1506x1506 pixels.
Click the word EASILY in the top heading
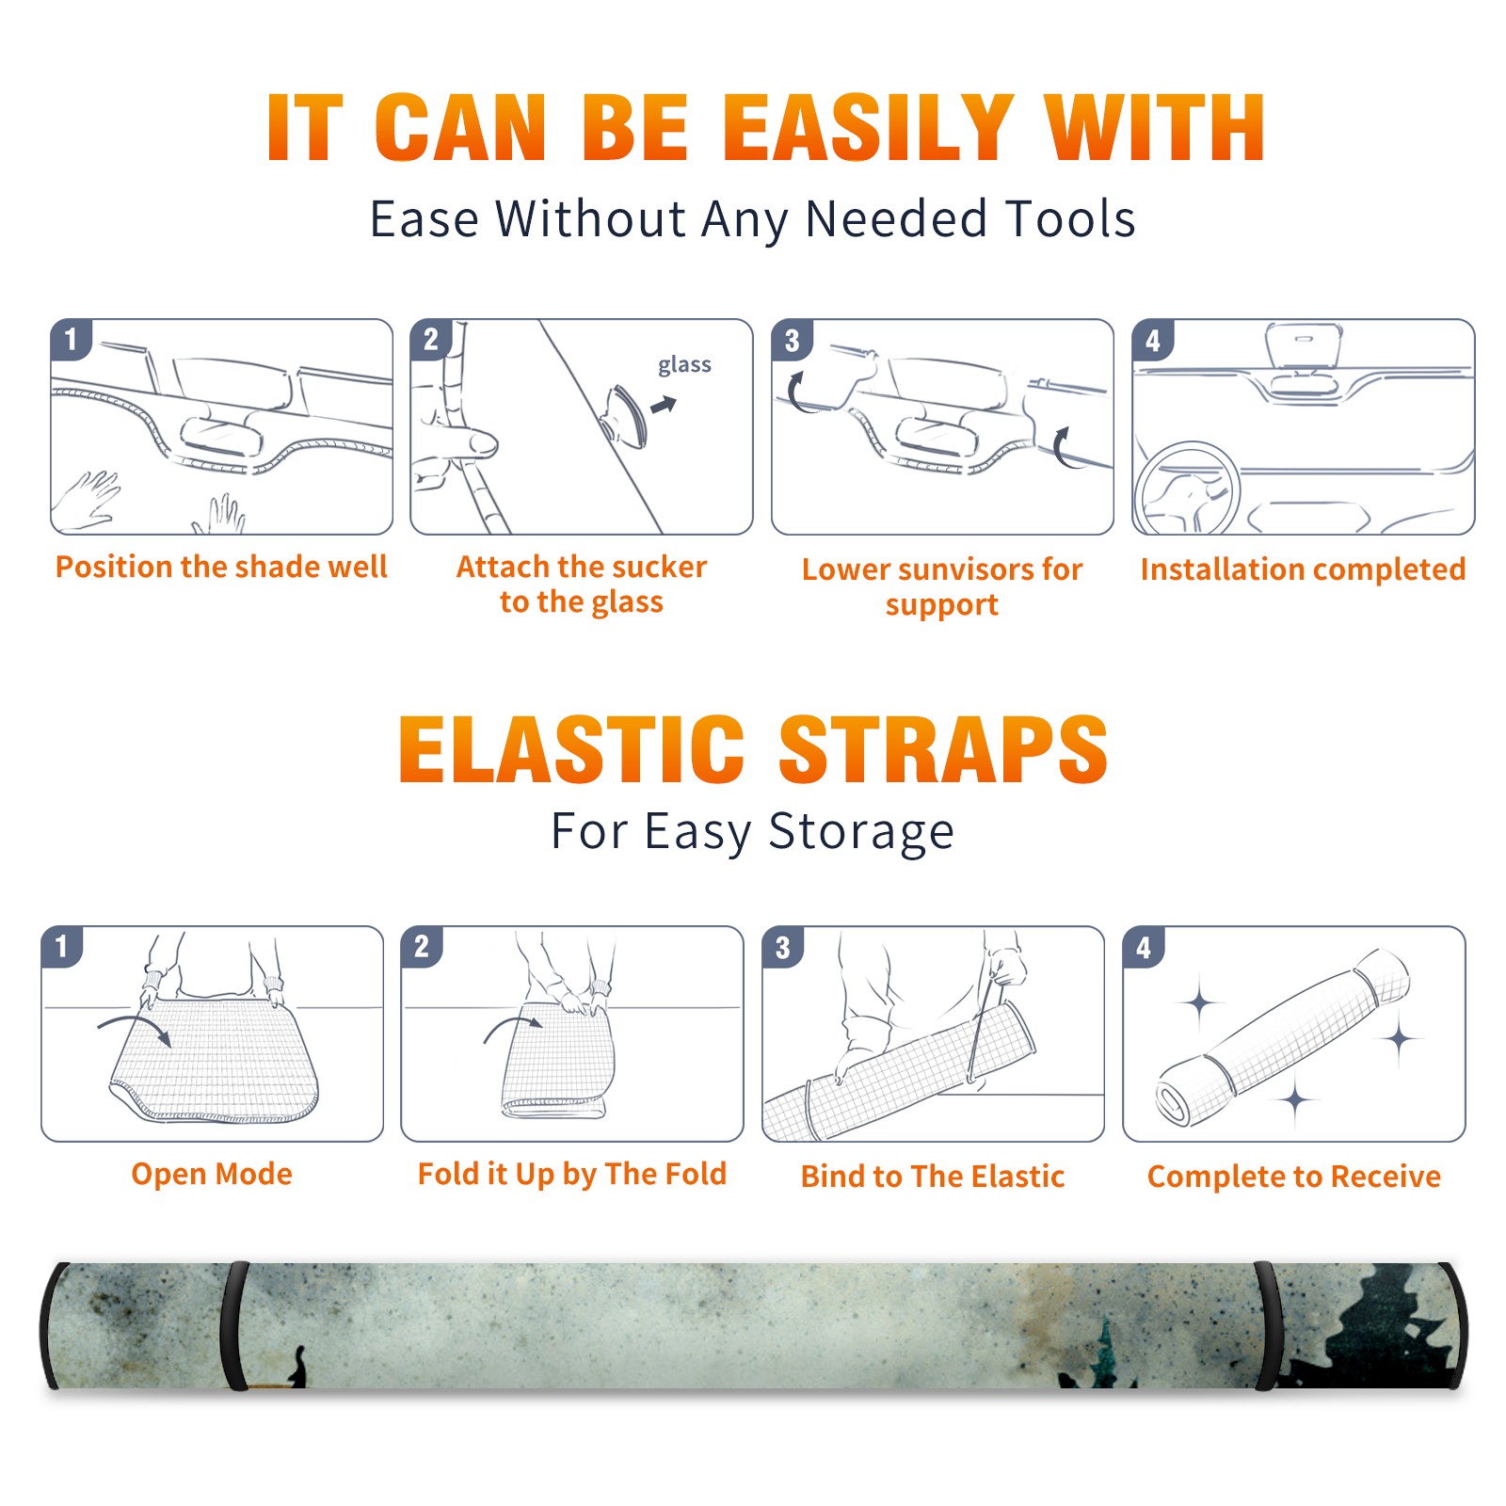tap(868, 128)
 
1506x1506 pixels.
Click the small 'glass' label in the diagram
tap(684, 365)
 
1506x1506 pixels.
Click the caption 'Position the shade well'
tap(221, 567)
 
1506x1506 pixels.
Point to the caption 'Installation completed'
tap(1303, 569)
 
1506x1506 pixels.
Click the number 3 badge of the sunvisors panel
tap(792, 341)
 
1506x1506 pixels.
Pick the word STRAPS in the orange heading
tap(943, 749)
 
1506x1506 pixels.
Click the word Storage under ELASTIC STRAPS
tap(861, 832)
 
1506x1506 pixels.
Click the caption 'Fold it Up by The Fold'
tap(572, 1174)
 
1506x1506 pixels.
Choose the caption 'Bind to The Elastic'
tap(933, 1176)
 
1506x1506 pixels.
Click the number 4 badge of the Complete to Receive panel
tap(1144, 947)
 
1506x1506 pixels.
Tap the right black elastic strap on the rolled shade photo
tap(1265, 1325)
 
